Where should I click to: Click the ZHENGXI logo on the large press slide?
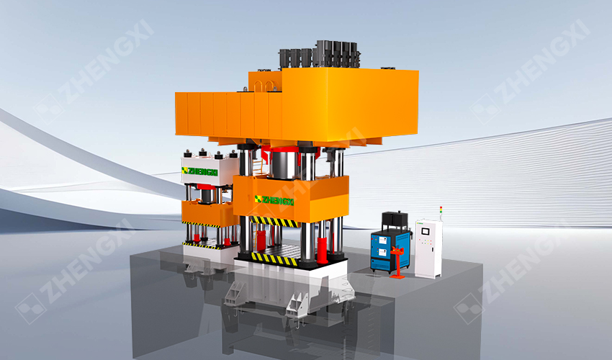(x=274, y=200)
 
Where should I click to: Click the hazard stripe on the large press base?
(x=274, y=258)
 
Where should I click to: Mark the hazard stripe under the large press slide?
(x=274, y=222)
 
